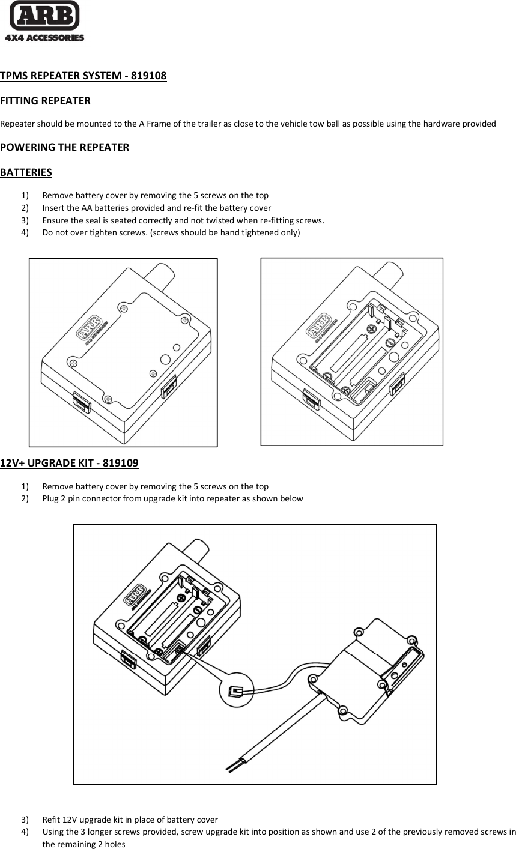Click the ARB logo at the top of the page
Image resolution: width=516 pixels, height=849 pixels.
[44, 16]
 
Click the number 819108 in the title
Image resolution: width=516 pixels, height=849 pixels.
[148, 76]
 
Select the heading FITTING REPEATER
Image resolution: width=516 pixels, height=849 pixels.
[45, 101]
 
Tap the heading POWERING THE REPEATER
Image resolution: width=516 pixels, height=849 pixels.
[64, 147]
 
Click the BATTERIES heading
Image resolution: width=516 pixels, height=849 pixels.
[26, 172]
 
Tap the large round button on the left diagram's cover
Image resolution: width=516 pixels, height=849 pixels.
[165, 359]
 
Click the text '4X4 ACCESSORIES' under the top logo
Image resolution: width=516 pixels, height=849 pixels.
[44, 38]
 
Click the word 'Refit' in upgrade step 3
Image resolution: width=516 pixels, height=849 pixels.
[52, 820]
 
